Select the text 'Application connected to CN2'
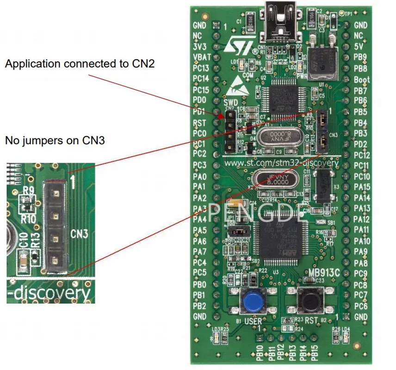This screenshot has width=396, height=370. click(x=79, y=64)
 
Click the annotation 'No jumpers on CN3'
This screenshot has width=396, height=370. click(x=55, y=140)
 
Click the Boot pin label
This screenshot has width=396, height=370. click(x=361, y=80)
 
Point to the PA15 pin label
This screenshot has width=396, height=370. click(x=361, y=187)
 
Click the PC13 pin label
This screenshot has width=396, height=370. click(x=201, y=68)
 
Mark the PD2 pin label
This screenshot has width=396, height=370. click(x=360, y=144)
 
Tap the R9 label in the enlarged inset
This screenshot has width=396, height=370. click(x=28, y=190)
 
